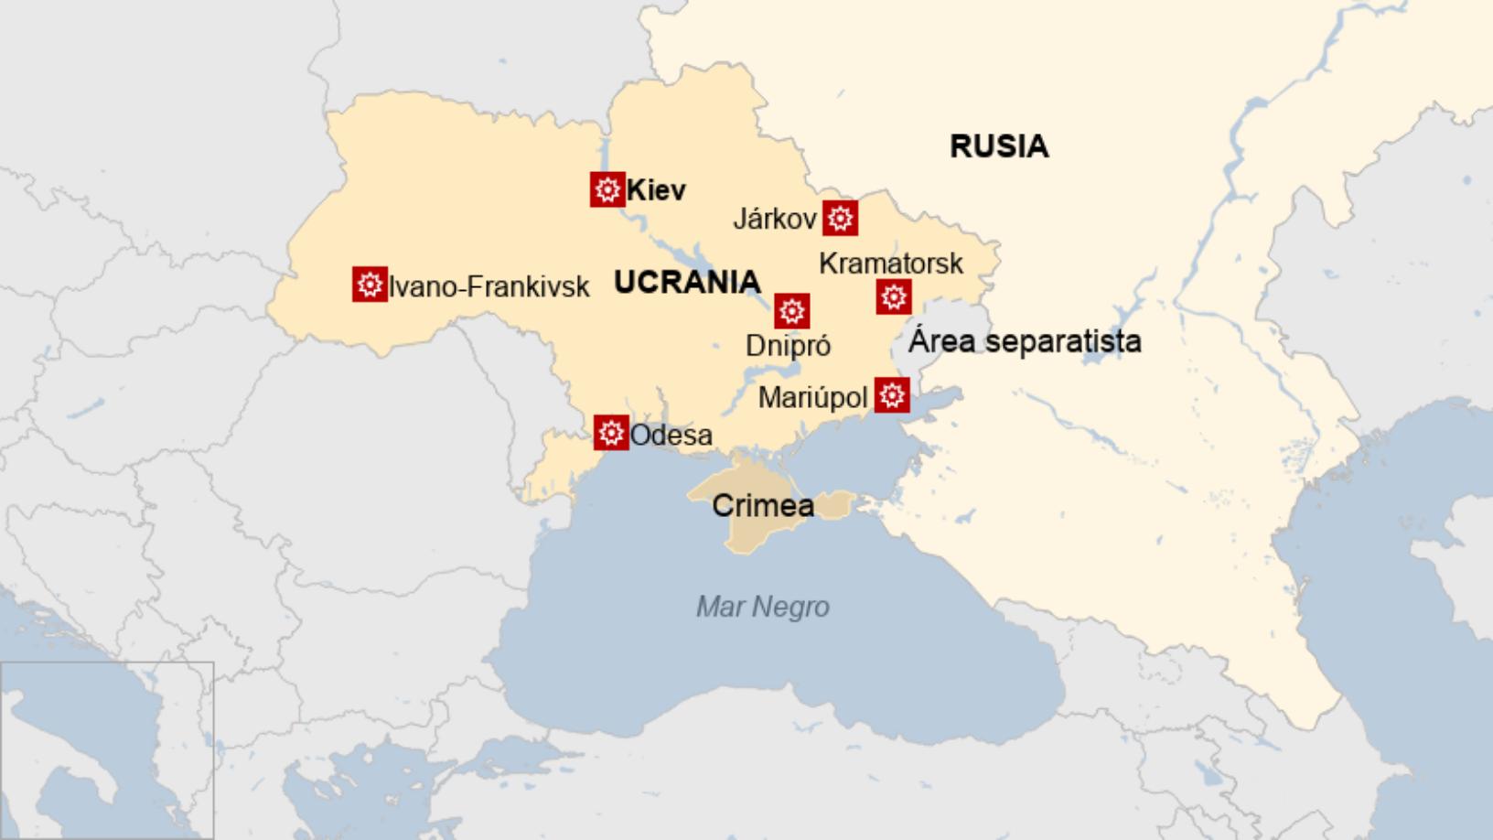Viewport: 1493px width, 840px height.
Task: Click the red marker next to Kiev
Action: click(607, 189)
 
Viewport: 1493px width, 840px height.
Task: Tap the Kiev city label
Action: click(656, 190)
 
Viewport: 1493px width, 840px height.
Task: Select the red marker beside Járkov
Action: click(840, 219)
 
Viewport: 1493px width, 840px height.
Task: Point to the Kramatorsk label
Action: click(890, 264)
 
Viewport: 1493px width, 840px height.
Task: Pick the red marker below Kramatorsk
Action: click(894, 296)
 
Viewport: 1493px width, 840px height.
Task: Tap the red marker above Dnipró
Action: click(791, 311)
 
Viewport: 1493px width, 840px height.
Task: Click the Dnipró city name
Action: click(788, 346)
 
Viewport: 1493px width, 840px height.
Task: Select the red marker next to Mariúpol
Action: click(892, 395)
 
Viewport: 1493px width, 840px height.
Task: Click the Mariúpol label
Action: click(812, 398)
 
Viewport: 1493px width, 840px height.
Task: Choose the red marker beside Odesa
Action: click(611, 432)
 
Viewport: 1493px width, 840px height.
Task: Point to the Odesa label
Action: click(671, 435)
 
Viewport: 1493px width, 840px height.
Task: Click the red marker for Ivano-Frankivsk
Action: click(370, 285)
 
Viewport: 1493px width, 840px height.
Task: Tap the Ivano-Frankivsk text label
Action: click(489, 287)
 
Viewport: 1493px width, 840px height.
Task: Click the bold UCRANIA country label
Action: click(687, 282)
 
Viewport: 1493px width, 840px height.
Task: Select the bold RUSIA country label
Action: click(998, 146)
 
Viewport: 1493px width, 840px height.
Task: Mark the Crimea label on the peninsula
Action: click(762, 505)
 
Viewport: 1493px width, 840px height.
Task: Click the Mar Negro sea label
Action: click(762, 607)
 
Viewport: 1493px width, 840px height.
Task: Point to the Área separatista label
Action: click(1024, 341)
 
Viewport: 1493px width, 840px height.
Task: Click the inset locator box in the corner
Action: click(107, 749)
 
